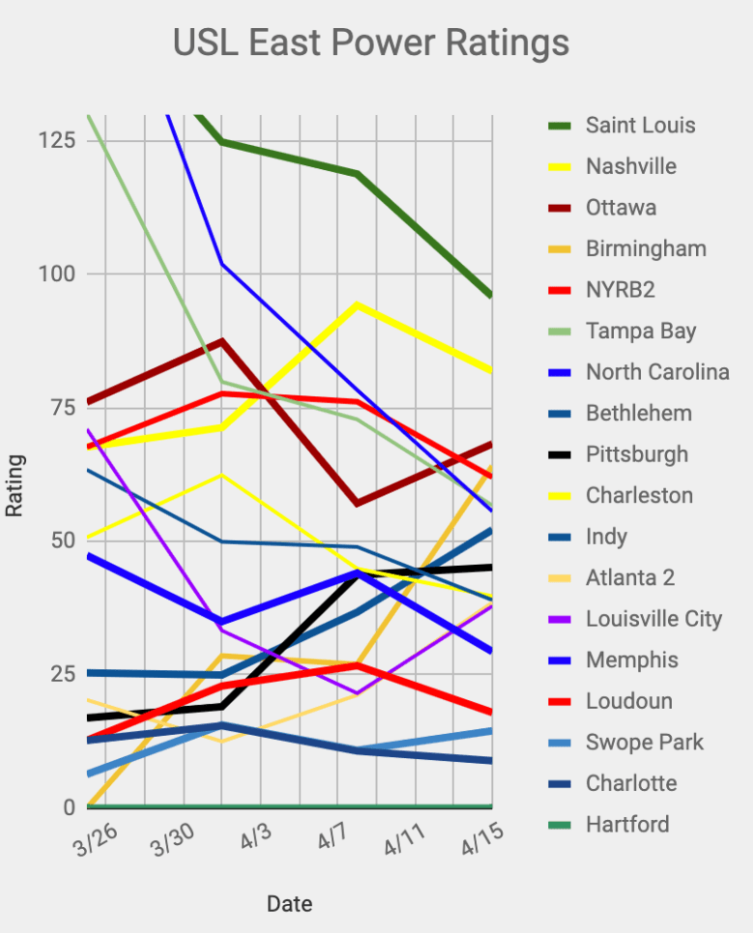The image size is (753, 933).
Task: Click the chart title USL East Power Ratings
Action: (x=370, y=44)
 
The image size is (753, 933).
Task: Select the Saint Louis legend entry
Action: (x=640, y=126)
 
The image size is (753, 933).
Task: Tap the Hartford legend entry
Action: (x=627, y=825)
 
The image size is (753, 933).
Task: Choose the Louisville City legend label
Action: (x=653, y=619)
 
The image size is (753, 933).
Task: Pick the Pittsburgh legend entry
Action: (x=637, y=454)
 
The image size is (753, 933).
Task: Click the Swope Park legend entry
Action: (x=645, y=743)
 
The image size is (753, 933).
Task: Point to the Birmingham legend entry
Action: (x=646, y=249)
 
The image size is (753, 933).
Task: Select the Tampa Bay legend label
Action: (x=641, y=332)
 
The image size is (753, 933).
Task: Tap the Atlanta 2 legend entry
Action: (x=630, y=578)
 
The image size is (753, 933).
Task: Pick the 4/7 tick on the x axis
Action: (x=332, y=839)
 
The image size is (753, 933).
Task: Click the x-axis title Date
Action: (x=289, y=904)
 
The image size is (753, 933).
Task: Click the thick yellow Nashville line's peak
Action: (x=358, y=306)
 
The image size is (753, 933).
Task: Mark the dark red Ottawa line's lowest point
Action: (x=358, y=504)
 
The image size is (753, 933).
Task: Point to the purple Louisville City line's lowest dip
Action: (x=358, y=693)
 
